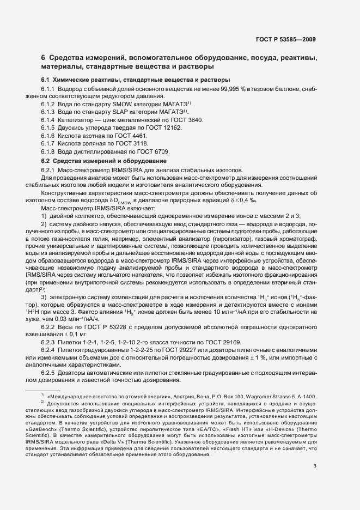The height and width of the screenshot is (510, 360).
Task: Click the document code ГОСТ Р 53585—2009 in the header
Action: pyautogui.click(x=285, y=39)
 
